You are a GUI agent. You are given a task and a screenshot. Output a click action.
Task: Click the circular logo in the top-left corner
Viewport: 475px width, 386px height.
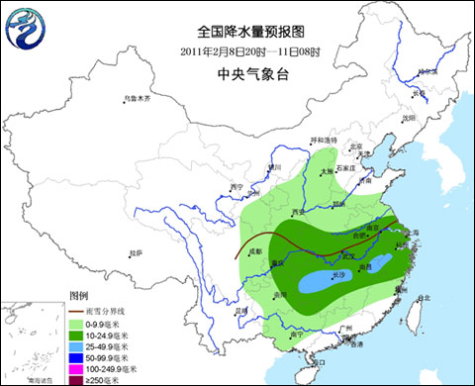pos(27,31)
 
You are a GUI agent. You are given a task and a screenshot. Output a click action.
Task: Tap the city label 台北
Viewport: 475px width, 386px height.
pos(425,297)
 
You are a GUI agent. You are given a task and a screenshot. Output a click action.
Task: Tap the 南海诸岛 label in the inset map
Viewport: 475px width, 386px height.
pos(41,379)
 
